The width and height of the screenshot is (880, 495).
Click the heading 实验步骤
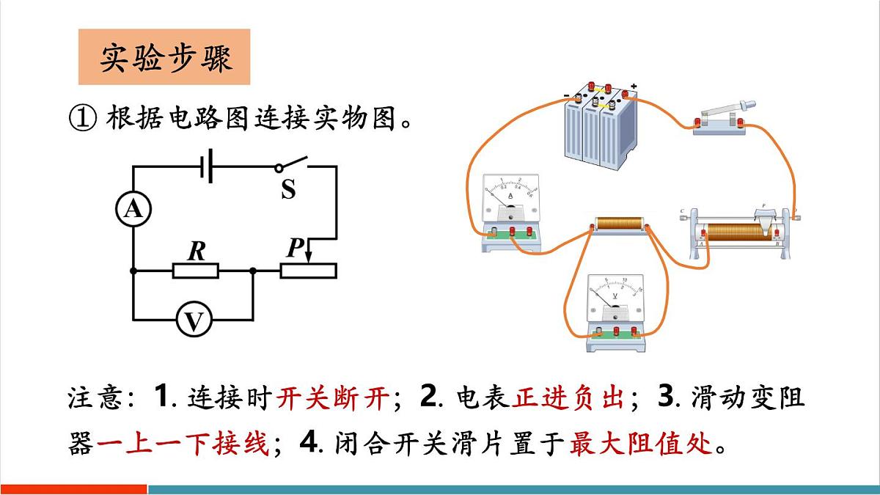point(164,57)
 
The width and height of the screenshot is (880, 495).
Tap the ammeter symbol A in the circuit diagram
point(133,210)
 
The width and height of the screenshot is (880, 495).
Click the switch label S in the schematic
point(288,190)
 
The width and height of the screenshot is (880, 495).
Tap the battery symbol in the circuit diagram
point(208,166)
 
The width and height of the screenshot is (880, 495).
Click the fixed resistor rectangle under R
point(196,271)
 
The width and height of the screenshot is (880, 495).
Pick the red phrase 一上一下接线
point(183,444)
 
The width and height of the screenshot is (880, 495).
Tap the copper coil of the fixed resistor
point(619,223)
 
